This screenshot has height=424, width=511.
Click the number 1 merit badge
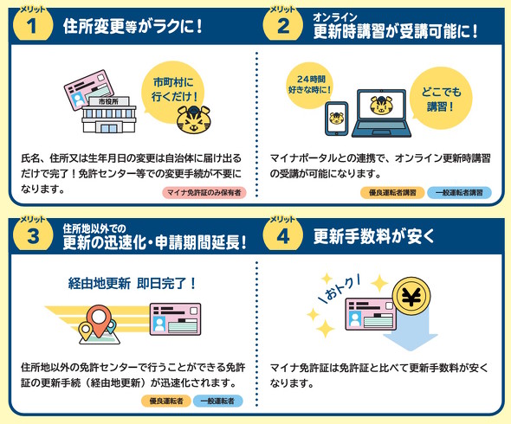(32, 25)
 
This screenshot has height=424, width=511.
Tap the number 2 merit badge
(283, 25)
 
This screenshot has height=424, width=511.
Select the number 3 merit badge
(32, 234)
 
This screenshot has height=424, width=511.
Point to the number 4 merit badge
(283, 234)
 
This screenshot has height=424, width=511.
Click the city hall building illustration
(108, 114)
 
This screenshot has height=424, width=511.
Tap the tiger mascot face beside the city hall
(194, 120)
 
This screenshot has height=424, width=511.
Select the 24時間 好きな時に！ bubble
(309, 85)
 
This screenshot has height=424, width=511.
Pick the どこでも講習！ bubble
(441, 99)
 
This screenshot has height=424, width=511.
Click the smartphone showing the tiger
(337, 119)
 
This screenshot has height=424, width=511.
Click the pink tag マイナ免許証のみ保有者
(204, 192)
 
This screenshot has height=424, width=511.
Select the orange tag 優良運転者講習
(392, 192)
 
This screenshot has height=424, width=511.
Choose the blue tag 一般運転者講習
(459, 192)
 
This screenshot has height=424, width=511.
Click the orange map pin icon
(98, 320)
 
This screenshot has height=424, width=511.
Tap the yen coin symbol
(411, 297)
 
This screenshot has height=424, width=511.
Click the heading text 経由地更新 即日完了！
(132, 283)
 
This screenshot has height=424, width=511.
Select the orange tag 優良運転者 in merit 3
(166, 401)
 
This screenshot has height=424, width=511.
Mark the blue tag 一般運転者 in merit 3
(217, 401)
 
